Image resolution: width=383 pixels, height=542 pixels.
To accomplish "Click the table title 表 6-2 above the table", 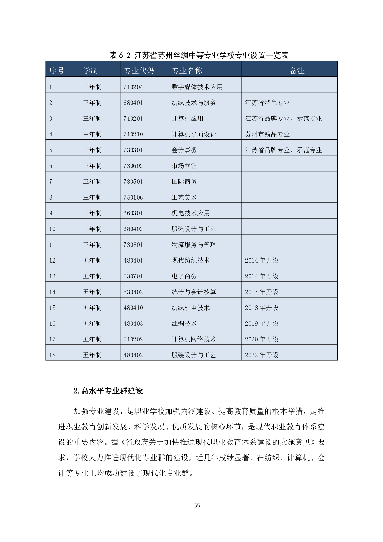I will [x=199, y=55].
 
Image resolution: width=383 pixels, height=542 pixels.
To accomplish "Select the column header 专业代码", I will [x=139, y=71].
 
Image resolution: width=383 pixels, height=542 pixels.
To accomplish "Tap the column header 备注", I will [x=297, y=71].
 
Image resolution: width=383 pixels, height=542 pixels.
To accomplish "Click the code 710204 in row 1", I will [x=133, y=87].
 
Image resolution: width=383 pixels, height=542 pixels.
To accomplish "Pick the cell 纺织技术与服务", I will [x=194, y=103].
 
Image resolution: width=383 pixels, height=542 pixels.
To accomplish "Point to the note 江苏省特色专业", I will [x=267, y=103].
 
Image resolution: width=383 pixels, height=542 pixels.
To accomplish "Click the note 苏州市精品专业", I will [x=267, y=134].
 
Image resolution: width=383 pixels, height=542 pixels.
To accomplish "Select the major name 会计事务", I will [x=184, y=150].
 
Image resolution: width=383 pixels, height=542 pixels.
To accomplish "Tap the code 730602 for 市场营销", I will [x=133, y=166].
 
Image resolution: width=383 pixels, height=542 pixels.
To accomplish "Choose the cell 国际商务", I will [x=184, y=182].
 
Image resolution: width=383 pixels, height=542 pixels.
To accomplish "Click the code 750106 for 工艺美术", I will [x=133, y=197].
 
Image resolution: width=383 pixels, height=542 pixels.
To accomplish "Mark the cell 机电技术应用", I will [x=190, y=213].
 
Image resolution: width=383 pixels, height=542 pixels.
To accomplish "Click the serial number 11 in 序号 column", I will [x=52, y=245].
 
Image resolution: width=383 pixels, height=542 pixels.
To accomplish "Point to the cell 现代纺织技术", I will [x=190, y=260].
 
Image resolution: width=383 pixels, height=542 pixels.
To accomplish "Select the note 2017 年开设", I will [x=261, y=292].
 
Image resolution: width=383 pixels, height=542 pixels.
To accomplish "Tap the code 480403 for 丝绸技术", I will [x=133, y=323].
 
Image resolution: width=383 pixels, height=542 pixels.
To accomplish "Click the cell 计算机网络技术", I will [x=194, y=339].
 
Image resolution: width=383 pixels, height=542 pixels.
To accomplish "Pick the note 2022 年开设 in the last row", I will [x=261, y=355].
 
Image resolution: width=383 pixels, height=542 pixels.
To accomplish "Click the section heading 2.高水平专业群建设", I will [x=108, y=391].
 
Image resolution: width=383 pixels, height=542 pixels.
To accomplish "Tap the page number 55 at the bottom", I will [x=197, y=505].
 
